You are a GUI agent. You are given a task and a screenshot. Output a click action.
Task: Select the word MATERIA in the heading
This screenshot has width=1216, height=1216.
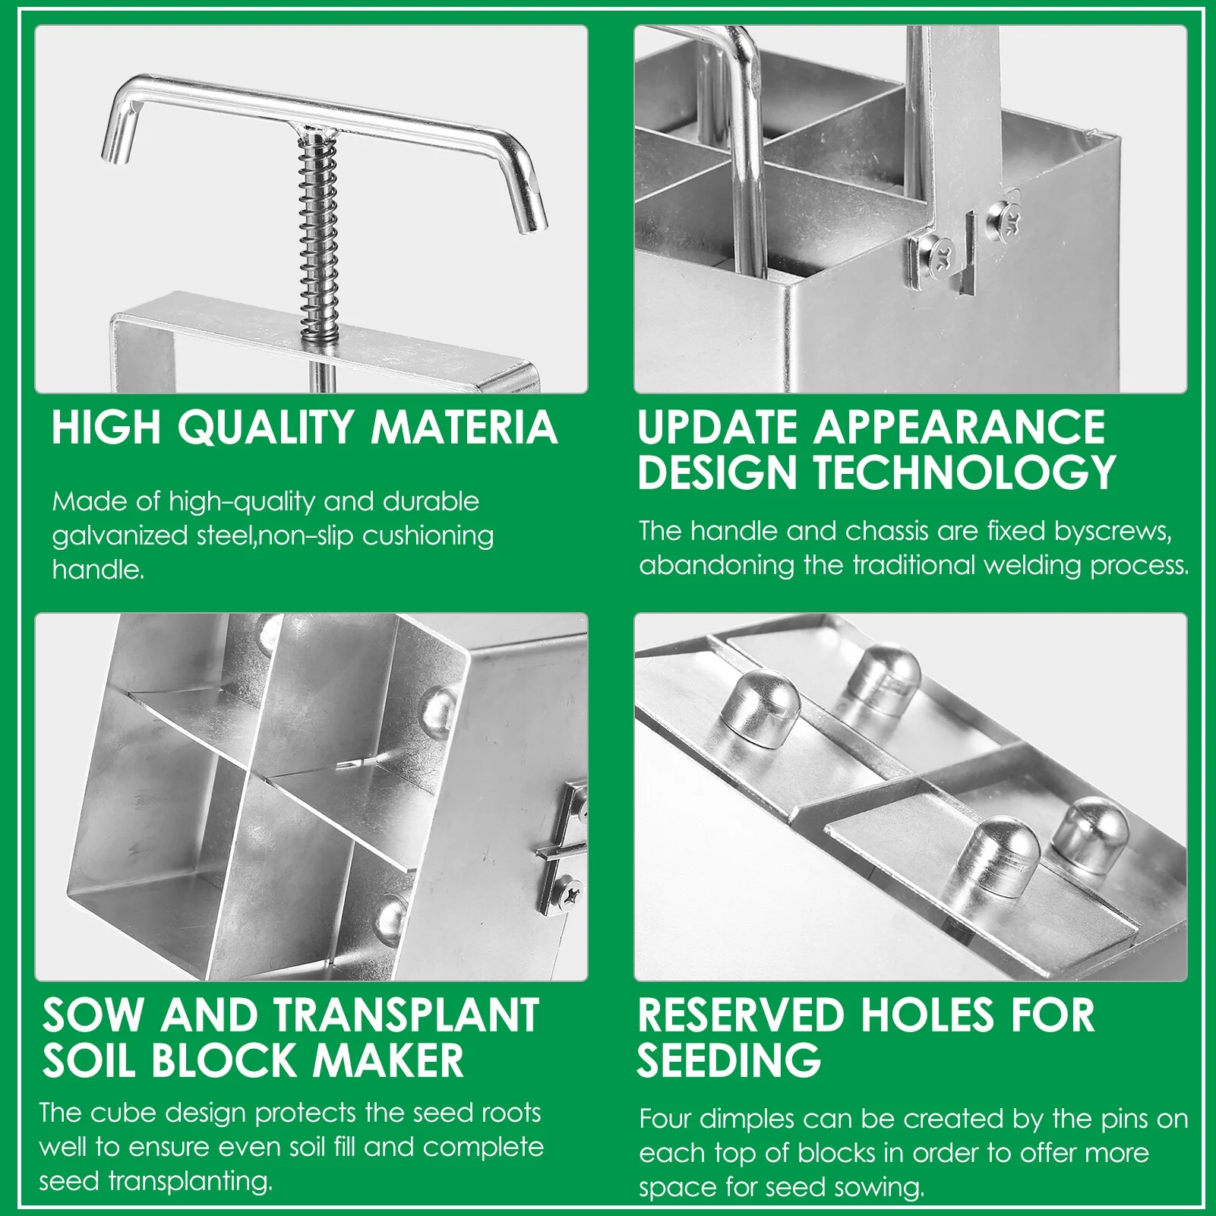coord(464,427)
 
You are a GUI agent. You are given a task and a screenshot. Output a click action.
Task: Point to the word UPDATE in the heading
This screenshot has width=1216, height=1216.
coord(719,427)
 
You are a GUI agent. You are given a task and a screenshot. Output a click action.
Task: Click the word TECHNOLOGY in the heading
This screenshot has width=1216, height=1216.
coord(965,472)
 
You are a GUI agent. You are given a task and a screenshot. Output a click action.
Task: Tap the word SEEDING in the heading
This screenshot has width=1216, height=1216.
coord(729,1060)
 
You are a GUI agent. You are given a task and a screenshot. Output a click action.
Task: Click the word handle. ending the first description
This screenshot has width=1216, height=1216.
coord(98,570)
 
